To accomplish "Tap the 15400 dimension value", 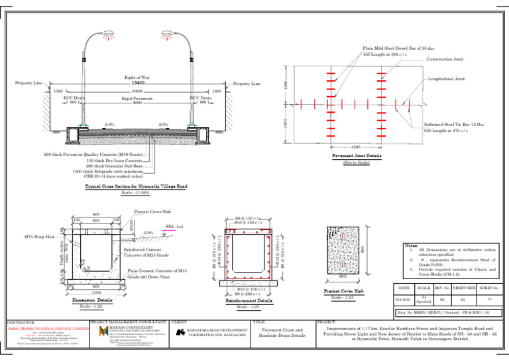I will point(138,83).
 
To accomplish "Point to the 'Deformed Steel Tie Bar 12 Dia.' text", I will point(451,124).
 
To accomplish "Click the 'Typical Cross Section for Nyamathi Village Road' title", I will point(139,187).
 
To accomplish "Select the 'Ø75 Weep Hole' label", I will point(41,237).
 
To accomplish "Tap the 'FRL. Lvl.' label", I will point(175,225).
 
